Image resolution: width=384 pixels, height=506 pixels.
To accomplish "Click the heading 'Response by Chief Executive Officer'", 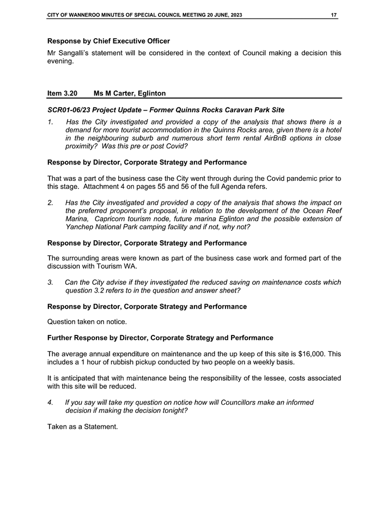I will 108,41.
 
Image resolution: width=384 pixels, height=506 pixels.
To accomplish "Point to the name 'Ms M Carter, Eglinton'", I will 130,94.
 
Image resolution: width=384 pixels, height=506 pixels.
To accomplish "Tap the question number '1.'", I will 51,121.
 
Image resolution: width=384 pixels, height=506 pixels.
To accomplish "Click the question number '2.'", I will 51,203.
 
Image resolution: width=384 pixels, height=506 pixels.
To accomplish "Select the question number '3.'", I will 51,282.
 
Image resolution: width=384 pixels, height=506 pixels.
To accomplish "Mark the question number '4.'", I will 51,403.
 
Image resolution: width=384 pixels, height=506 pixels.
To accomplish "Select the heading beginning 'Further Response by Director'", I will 160,338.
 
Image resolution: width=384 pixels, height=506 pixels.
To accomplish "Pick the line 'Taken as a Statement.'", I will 82,426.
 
